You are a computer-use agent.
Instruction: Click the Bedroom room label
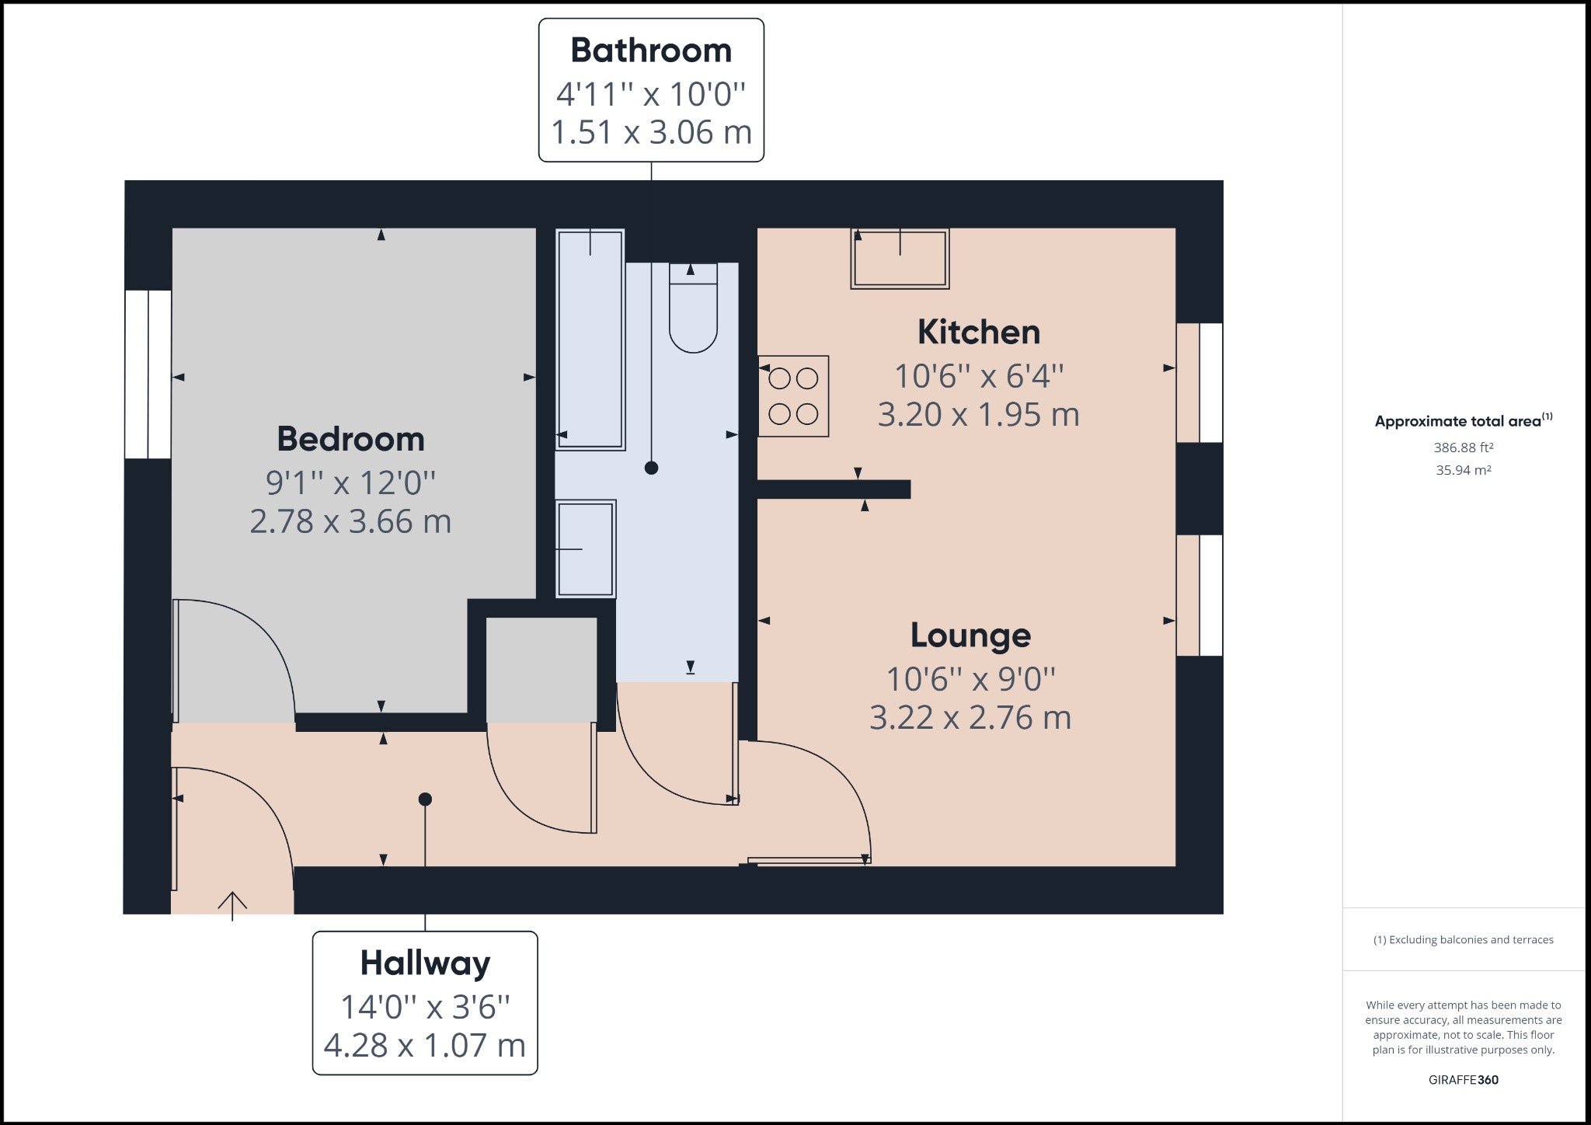(x=351, y=439)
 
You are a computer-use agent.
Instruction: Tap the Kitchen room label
(x=979, y=332)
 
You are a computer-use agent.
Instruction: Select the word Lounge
(x=971, y=636)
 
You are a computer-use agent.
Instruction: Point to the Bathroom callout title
(x=651, y=51)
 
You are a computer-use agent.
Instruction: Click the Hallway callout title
(x=425, y=964)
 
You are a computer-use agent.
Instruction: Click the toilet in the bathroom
(x=693, y=308)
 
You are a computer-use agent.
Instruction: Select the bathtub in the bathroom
(x=590, y=340)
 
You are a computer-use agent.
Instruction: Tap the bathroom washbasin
(x=586, y=549)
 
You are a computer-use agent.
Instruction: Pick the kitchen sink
(x=900, y=259)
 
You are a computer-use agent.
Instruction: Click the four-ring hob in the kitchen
(x=793, y=396)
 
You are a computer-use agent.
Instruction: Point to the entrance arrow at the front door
(x=232, y=906)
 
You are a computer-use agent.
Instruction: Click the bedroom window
(x=148, y=374)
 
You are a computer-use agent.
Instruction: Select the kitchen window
(x=1199, y=383)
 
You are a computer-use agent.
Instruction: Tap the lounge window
(x=1199, y=595)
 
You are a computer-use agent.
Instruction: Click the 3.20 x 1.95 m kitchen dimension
(x=979, y=415)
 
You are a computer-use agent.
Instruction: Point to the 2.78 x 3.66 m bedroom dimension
(x=350, y=521)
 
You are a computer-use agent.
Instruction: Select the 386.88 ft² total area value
(x=1464, y=448)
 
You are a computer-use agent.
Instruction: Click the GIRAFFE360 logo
(x=1464, y=1080)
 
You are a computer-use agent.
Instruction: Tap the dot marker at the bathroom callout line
(x=652, y=468)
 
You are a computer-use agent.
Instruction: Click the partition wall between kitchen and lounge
(x=834, y=489)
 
